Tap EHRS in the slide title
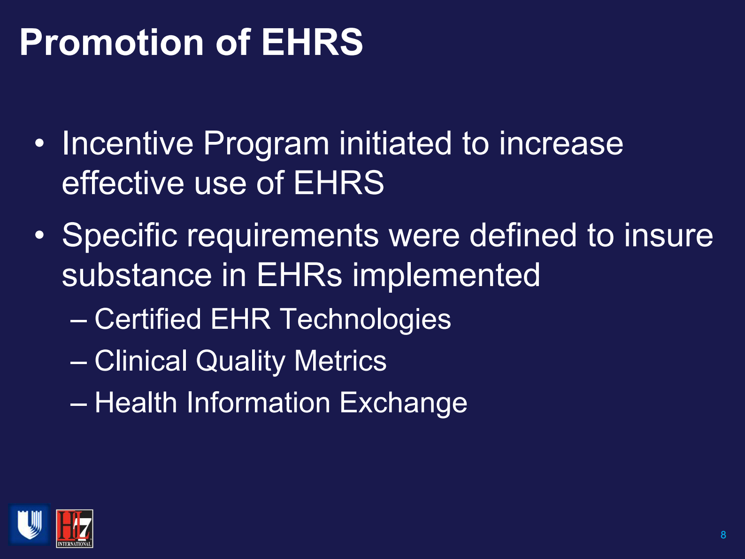coord(312,43)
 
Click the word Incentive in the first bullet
coord(127,143)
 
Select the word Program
coord(266,143)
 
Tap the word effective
coord(123,183)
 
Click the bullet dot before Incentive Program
coord(40,143)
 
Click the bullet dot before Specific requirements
coord(40,235)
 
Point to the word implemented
coord(446,275)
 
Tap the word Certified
coord(148,319)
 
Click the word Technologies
coord(365,319)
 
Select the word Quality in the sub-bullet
coord(240,361)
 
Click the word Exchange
coord(403,403)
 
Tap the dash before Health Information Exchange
coord(78,403)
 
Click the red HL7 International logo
coord(74,528)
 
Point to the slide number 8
coord(723,535)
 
